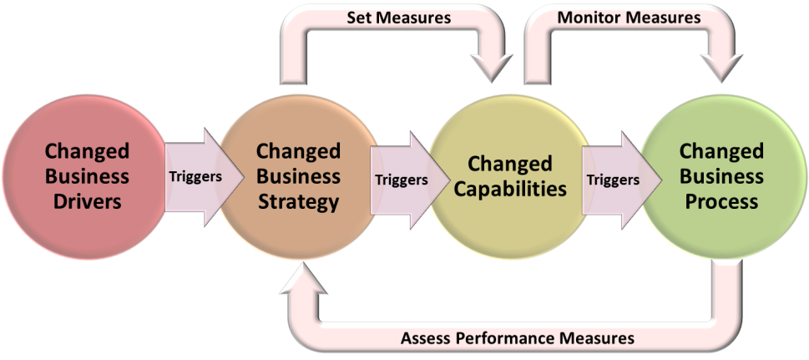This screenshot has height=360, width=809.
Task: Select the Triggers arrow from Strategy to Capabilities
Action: (402, 179)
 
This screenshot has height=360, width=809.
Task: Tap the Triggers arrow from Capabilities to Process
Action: (614, 179)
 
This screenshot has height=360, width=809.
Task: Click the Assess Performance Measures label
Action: (518, 337)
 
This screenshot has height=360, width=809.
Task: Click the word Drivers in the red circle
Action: (88, 201)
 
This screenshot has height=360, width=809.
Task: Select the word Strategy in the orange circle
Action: (298, 201)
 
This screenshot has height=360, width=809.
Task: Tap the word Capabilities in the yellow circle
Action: (510, 188)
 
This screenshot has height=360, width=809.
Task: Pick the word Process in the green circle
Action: (721, 201)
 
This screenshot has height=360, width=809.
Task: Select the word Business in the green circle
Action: (721, 176)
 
